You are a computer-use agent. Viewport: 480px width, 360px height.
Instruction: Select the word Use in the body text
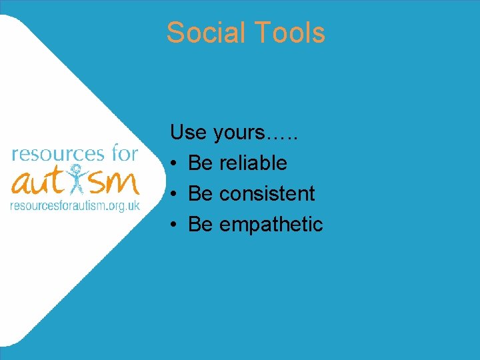click(x=188, y=132)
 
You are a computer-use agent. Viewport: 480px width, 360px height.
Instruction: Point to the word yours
click(x=239, y=133)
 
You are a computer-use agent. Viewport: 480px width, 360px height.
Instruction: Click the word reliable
click(x=253, y=163)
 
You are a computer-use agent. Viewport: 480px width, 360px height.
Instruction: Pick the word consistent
click(x=267, y=193)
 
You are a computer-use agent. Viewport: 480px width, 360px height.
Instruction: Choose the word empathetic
click(x=271, y=225)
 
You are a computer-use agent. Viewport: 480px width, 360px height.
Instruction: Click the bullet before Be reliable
click(x=173, y=163)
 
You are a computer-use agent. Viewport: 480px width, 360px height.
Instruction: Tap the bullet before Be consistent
click(x=173, y=194)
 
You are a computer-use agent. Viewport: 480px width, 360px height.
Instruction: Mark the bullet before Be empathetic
click(x=173, y=225)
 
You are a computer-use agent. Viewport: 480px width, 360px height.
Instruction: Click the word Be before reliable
click(x=200, y=163)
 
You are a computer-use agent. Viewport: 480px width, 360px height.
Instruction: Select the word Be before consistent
click(x=200, y=193)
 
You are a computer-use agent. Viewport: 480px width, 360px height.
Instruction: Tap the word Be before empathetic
click(x=200, y=224)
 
